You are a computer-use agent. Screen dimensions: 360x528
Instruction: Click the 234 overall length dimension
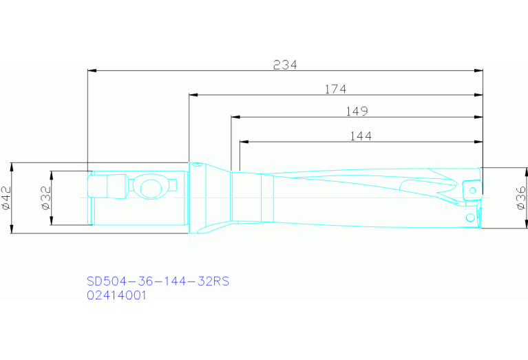(285, 65)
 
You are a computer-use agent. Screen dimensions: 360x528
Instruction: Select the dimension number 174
(335, 89)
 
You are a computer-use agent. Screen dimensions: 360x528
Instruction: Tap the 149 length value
(357, 112)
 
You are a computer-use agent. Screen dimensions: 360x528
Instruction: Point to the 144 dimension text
(360, 136)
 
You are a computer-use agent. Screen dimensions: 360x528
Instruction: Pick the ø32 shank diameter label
(45, 198)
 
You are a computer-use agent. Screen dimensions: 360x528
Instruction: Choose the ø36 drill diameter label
(520, 198)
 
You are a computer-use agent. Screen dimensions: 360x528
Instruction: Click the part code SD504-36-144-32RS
(158, 281)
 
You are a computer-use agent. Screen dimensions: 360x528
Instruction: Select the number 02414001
(116, 295)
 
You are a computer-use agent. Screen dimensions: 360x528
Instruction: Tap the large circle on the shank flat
(149, 187)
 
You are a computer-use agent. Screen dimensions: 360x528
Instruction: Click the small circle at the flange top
(196, 166)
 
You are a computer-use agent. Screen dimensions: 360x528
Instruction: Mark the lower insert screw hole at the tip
(471, 218)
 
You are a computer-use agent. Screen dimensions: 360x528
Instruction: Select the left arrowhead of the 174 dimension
(193, 94)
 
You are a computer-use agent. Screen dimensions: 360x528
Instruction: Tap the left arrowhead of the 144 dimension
(244, 142)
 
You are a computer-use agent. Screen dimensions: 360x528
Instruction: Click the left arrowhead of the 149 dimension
(235, 117)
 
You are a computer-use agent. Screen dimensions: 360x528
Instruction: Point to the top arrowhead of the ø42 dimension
(13, 167)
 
